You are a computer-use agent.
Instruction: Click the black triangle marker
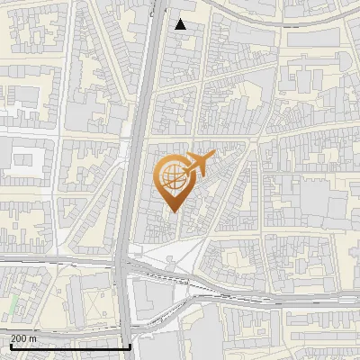point(181,24)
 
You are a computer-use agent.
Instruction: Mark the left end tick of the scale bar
point(10,346)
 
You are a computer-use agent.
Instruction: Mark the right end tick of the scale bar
point(131,346)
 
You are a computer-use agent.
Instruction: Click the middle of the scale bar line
point(70,346)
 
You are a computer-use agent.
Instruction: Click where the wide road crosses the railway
point(124,266)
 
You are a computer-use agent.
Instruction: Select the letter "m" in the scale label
point(33,337)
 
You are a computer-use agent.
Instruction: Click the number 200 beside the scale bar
point(19,337)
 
